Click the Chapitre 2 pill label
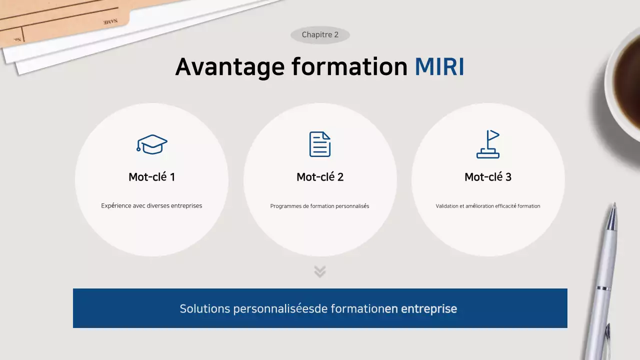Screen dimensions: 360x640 coord(320,35)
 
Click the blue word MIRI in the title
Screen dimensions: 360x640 coord(439,67)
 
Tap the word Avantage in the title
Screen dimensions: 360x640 coord(229,67)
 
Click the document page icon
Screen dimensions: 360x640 coord(320,144)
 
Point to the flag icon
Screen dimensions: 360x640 coord(488,144)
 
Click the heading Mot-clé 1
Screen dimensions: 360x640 coord(151,177)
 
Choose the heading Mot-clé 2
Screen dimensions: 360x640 coord(320,177)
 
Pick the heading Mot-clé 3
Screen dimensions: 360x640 coord(488,177)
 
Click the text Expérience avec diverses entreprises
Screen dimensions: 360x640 coord(151,205)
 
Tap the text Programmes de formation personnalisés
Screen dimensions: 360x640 coord(320,206)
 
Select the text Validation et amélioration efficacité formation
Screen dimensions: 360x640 coord(488,206)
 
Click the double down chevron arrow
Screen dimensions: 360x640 coord(320,271)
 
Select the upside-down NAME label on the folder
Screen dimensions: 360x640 coord(110,22)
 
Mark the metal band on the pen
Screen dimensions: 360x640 coord(603,288)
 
